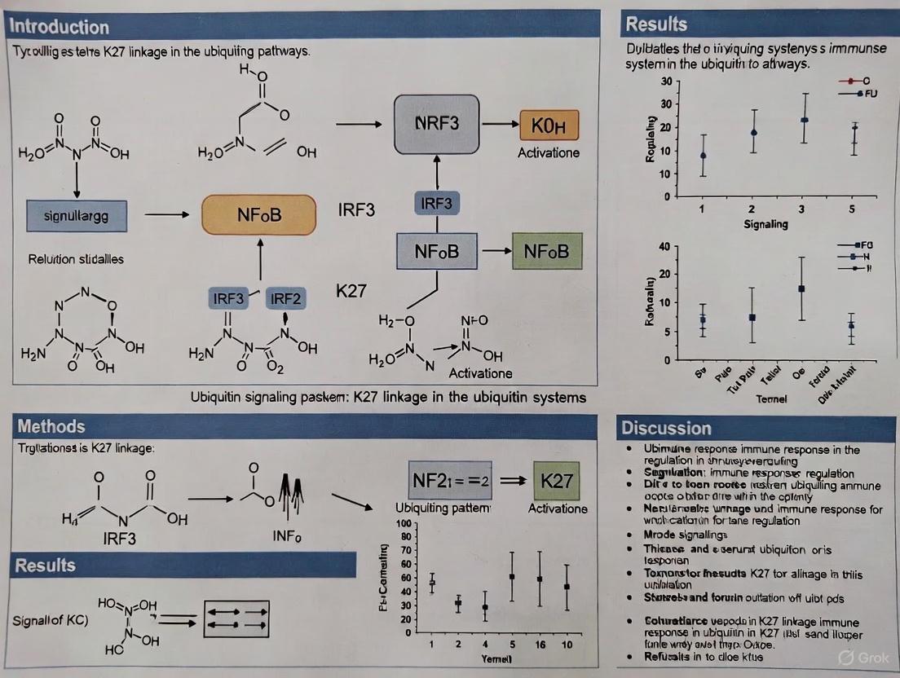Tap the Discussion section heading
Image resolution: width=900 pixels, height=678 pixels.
click(666, 428)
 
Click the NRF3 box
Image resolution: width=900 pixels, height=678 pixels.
click(437, 124)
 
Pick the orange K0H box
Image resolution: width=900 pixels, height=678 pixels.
click(549, 126)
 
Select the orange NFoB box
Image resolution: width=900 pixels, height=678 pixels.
click(258, 215)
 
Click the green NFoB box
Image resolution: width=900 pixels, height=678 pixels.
click(547, 251)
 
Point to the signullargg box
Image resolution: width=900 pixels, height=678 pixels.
click(75, 216)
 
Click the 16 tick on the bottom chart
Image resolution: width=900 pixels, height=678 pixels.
click(540, 645)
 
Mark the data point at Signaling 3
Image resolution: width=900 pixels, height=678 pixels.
click(805, 120)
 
